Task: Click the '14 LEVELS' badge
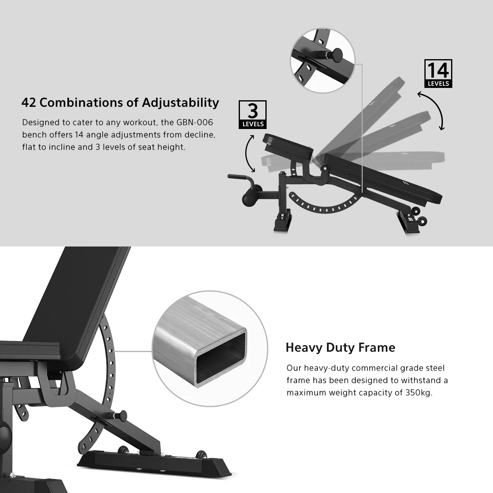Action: (438, 74)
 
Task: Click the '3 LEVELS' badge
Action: (253, 114)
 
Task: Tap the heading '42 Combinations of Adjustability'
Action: (120, 103)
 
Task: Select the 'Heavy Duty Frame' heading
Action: (340, 348)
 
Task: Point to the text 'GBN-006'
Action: (195, 122)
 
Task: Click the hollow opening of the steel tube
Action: (221, 356)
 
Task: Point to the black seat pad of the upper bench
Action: (288, 145)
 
